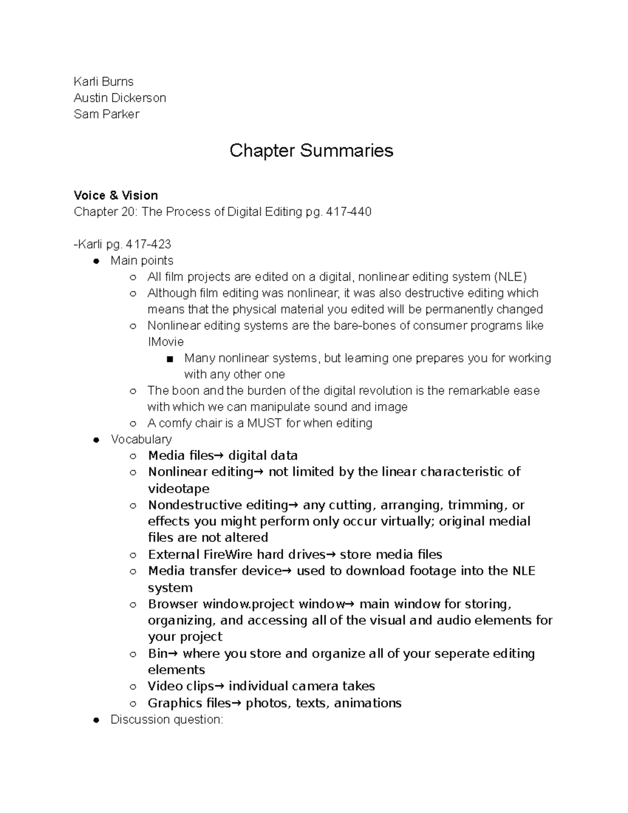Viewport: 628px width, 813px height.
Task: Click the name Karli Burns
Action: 104,82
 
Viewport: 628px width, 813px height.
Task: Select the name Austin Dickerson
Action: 120,98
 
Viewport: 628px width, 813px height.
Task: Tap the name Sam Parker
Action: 106,114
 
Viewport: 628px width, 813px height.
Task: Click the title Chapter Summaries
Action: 311,151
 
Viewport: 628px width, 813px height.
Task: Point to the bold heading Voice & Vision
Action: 116,195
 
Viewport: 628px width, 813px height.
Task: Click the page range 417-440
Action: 349,211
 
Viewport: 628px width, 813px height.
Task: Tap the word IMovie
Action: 165,342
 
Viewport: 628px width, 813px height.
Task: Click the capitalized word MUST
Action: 265,423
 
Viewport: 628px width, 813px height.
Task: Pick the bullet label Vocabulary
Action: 141,439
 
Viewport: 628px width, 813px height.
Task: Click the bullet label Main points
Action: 142,261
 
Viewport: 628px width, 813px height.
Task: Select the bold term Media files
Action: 181,455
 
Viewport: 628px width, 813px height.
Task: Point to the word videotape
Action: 178,488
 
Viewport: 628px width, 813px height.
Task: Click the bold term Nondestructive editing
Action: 218,505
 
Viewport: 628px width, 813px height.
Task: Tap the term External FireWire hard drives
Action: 237,554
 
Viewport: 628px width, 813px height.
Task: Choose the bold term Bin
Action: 158,653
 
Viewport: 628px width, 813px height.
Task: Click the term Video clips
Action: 181,686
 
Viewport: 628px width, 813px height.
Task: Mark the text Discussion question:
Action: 167,720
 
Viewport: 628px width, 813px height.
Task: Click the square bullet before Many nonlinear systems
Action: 169,359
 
